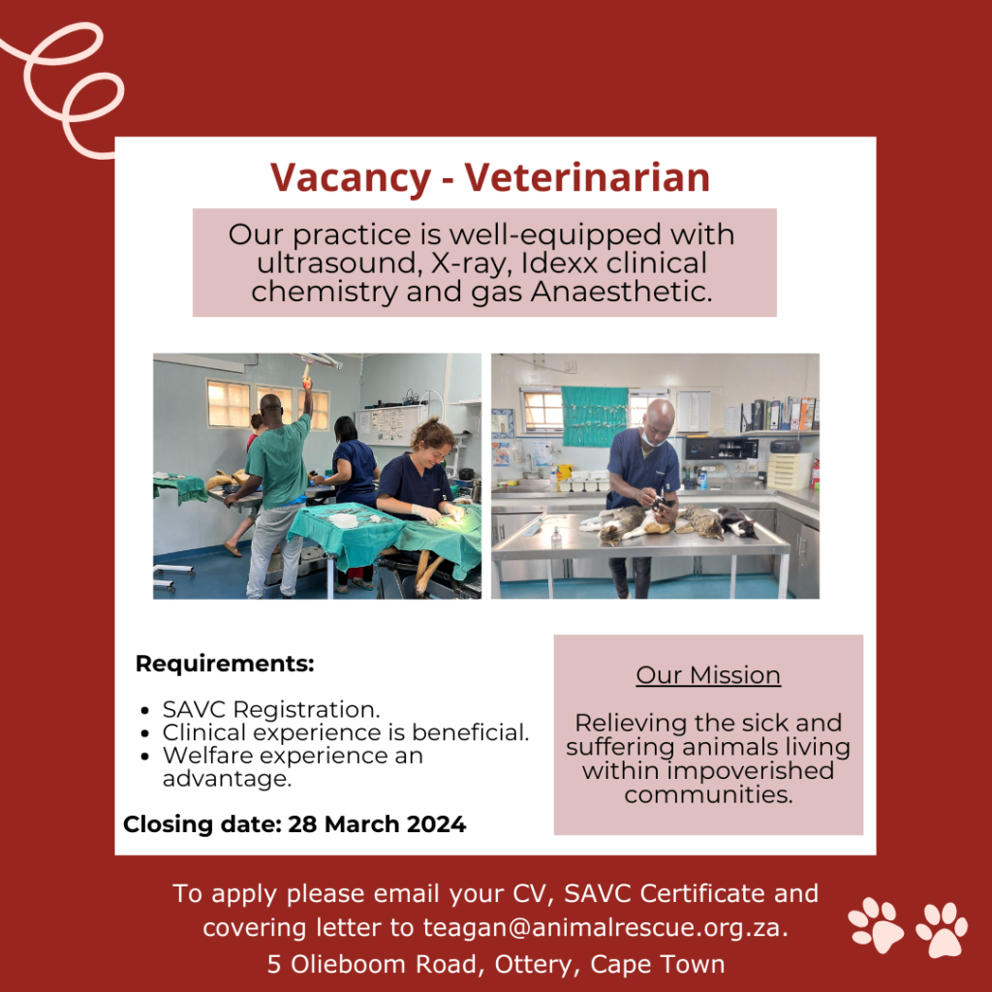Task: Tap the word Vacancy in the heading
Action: pyautogui.click(x=350, y=178)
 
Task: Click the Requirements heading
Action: pyautogui.click(x=225, y=665)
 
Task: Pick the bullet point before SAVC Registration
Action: pyautogui.click(x=144, y=709)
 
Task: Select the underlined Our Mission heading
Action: pyautogui.click(x=708, y=675)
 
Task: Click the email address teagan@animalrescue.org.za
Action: pyautogui.click(x=604, y=927)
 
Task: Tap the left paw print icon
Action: pyautogui.click(x=876, y=922)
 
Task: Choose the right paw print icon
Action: pyautogui.click(x=942, y=929)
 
